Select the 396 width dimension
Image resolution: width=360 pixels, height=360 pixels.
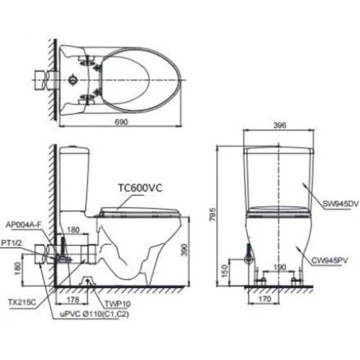[280, 125]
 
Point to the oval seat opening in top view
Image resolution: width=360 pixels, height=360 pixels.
[130, 76]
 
